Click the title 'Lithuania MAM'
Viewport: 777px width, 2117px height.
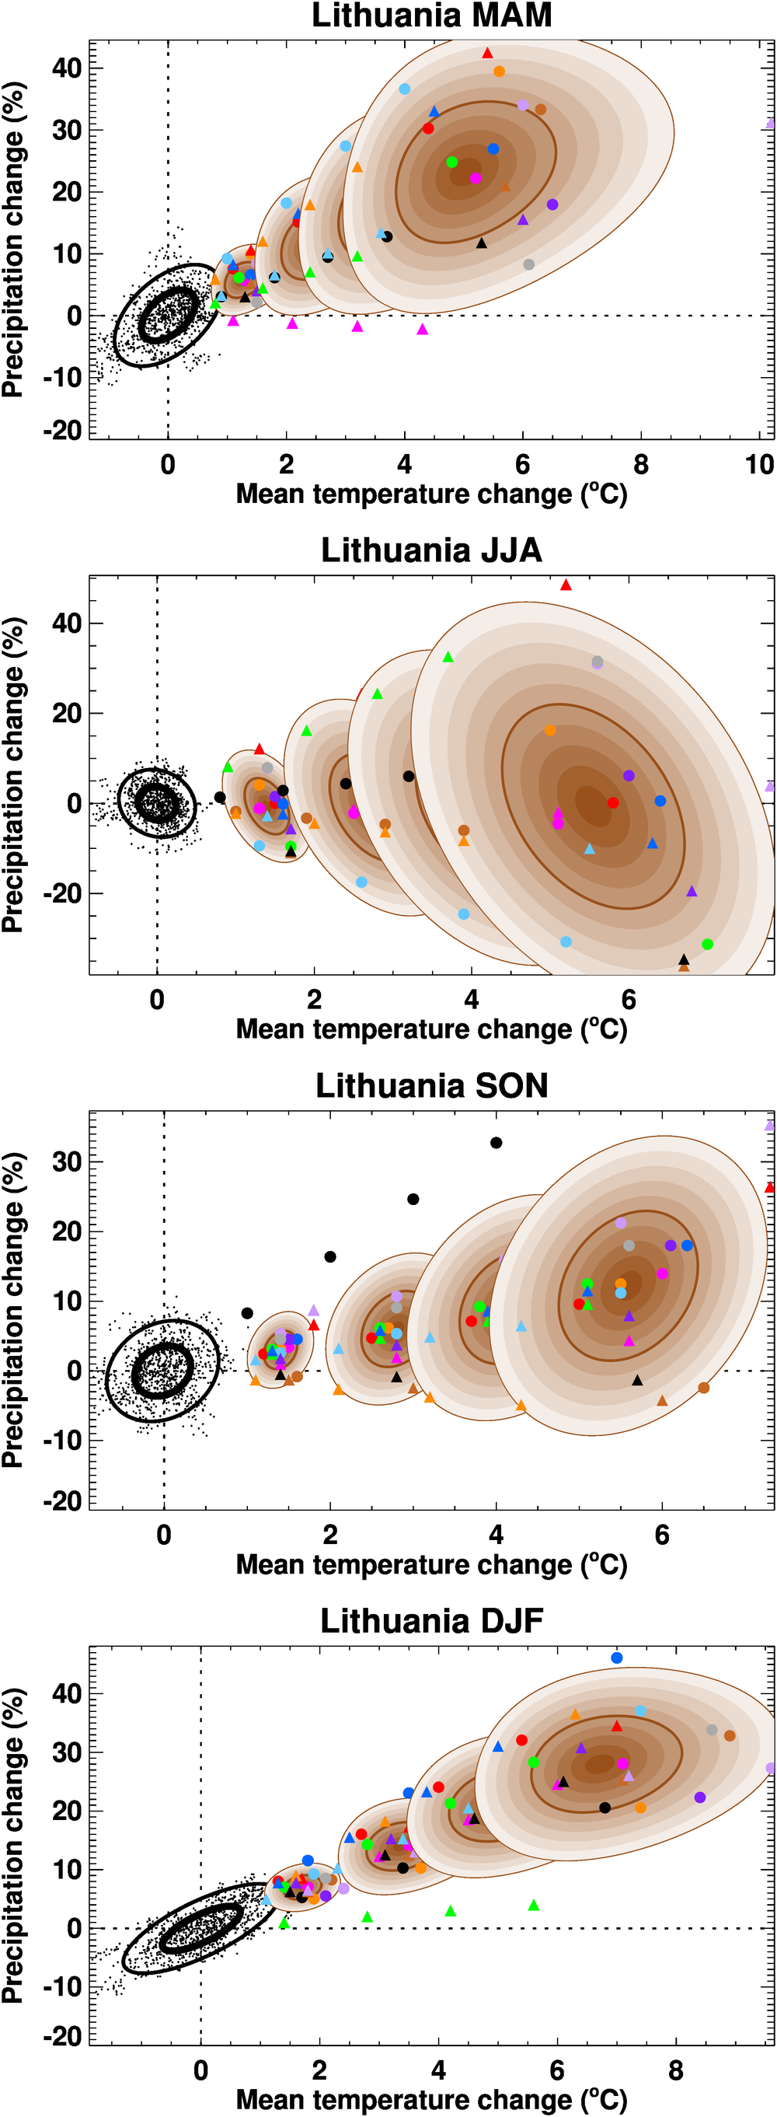point(431,16)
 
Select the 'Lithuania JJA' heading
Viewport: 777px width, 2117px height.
point(431,550)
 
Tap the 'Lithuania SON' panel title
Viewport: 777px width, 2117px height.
point(431,1085)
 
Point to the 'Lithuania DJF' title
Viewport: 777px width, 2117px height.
point(431,1621)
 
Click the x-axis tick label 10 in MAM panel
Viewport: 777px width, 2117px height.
point(759,465)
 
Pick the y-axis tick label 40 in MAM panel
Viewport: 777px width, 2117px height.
point(67,68)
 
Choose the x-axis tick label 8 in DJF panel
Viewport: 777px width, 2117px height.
point(676,2070)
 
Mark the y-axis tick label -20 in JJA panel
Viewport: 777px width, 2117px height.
point(65,893)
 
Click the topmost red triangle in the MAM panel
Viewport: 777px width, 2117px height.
point(487,54)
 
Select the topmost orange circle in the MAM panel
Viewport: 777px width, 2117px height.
point(499,72)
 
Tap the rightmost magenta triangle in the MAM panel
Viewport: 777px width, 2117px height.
point(422,330)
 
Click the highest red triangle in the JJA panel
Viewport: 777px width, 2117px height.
point(566,585)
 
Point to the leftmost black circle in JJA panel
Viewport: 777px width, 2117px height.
point(219,797)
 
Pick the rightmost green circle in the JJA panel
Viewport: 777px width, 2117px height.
point(707,945)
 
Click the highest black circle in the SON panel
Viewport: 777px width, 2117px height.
point(496,1142)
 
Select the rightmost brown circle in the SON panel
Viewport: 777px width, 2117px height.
point(704,1388)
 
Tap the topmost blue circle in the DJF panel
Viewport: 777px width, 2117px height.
point(617,1658)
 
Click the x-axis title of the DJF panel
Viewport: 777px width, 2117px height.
point(431,2099)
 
